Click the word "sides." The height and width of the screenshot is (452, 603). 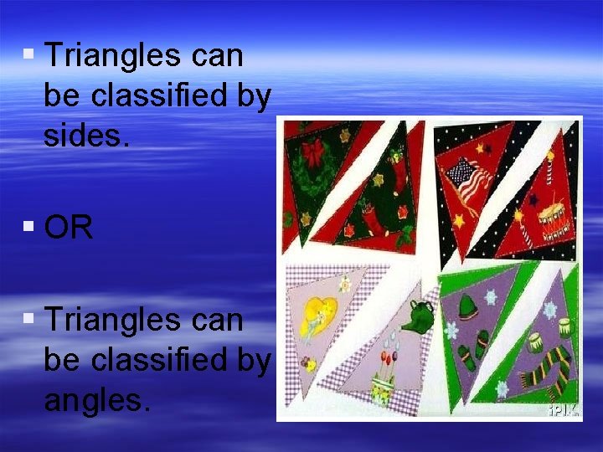click(x=87, y=136)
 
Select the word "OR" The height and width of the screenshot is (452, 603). click(x=69, y=228)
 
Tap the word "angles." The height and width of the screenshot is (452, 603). click(x=96, y=400)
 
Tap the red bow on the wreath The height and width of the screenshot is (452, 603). click(x=314, y=153)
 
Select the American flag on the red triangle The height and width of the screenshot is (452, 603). click(x=469, y=181)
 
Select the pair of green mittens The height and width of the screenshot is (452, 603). click(x=478, y=347)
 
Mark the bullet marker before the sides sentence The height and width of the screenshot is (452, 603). click(x=29, y=55)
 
